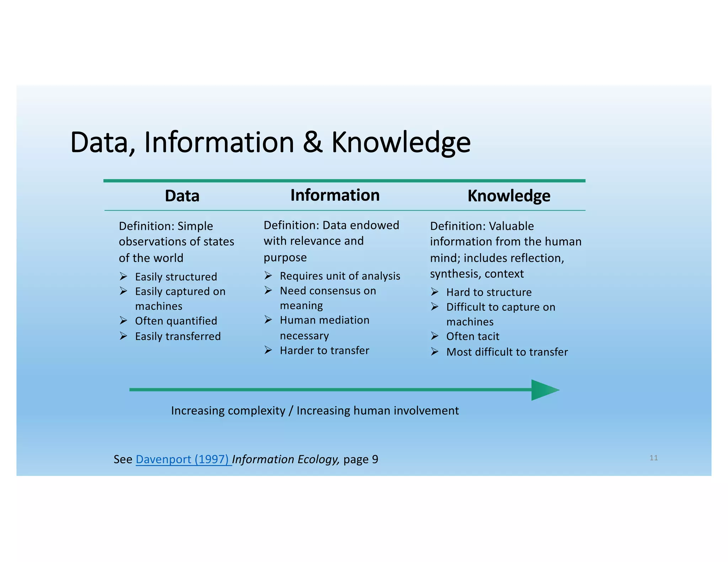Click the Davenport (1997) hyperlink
pos(183,459)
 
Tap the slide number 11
pos(653,458)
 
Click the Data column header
pos(182,196)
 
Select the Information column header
pos(335,195)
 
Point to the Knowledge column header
pos(509,196)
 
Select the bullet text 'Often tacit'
pos(472,336)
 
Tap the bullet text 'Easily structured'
pos(176,276)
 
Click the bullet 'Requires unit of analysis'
pos(340,276)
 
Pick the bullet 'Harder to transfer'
pos(324,350)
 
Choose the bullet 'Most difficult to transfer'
pos(507,352)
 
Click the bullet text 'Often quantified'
pos(176,321)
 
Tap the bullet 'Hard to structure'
pos(489,292)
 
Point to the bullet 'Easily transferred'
pos(178,336)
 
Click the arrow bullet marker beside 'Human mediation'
pos(268,320)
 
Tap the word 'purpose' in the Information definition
pos(285,257)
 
